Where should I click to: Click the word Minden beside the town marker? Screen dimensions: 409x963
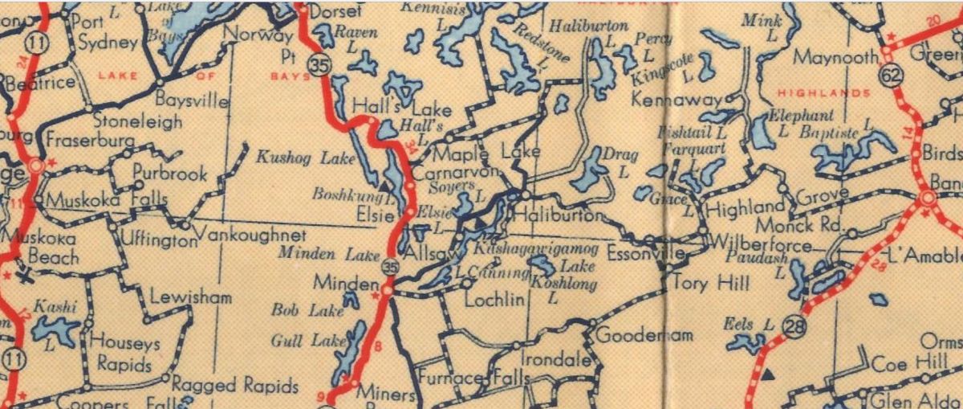tap(346, 284)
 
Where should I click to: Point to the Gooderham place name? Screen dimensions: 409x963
tap(644, 334)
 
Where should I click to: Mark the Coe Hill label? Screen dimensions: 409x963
tap(911, 364)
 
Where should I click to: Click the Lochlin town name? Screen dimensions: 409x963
tap(495, 300)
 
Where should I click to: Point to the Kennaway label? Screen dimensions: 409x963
tap(665, 100)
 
